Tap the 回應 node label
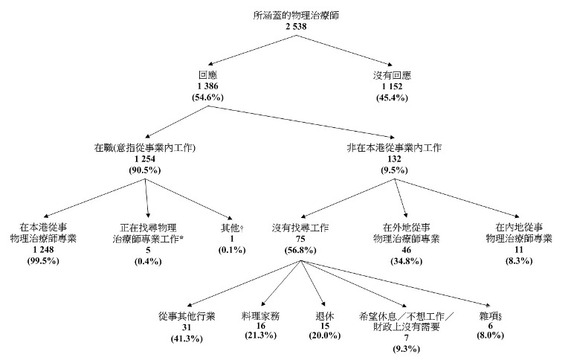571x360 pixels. coord(208,77)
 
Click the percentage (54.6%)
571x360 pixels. coord(208,97)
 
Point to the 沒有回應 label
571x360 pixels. coord(392,77)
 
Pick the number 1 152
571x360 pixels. coord(392,87)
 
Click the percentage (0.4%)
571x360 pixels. coord(148,261)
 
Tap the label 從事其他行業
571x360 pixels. coord(187,316)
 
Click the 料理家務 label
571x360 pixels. coord(260,316)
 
